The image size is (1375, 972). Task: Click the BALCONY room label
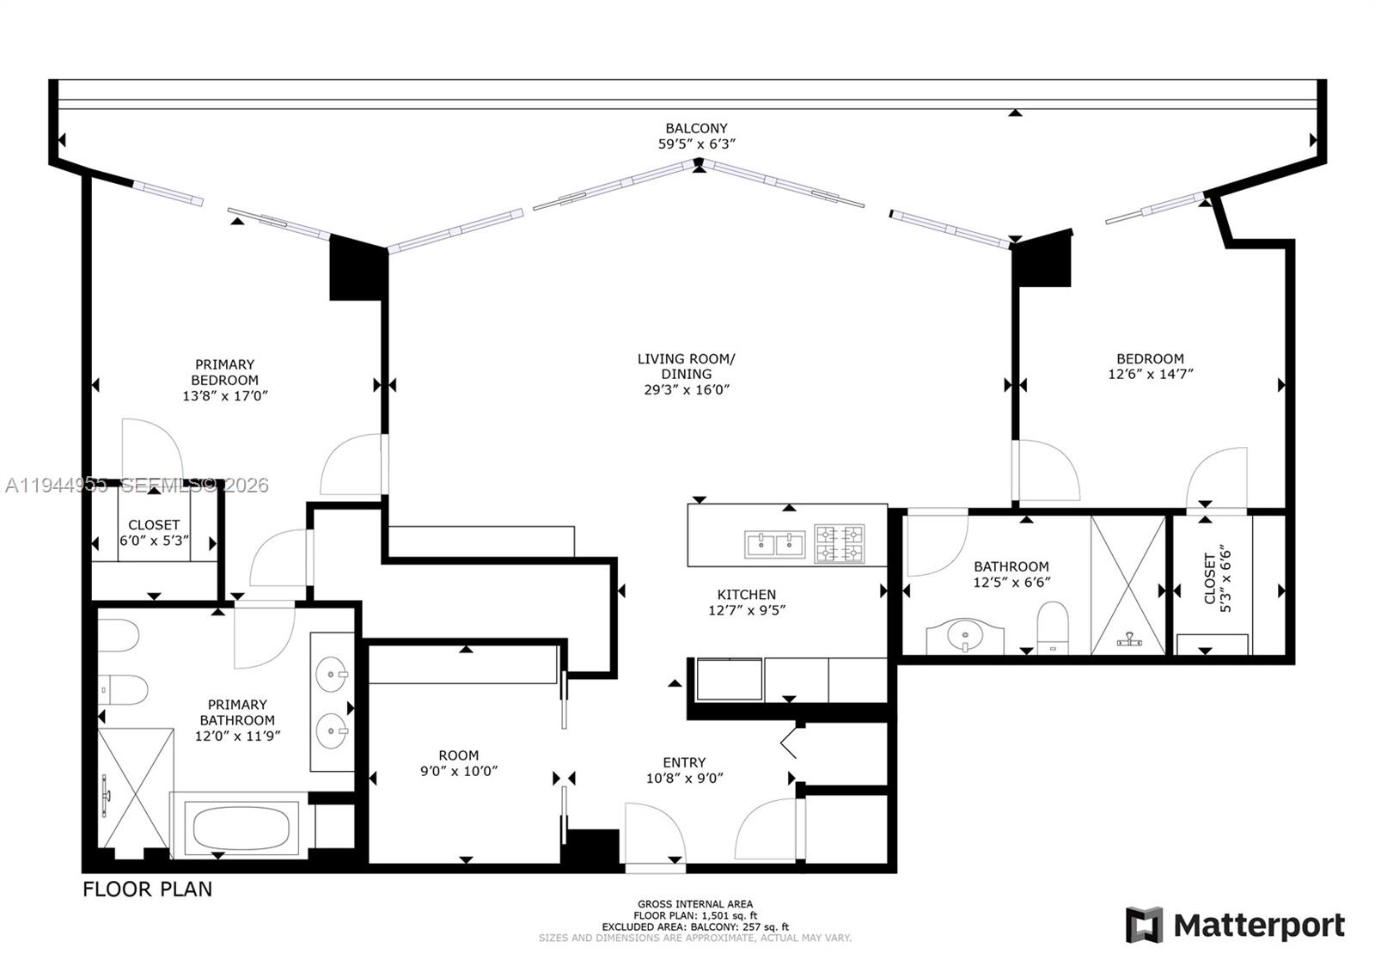coord(696,128)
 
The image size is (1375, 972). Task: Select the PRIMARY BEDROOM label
coord(224,372)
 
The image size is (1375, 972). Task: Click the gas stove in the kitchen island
coord(839,544)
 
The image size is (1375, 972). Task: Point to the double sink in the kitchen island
coord(774,544)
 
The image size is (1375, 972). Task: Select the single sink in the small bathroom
coord(964,637)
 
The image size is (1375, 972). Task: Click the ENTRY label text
coord(684,762)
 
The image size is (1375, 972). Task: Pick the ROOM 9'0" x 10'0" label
coord(458,763)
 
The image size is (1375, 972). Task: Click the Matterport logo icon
coord(1144,925)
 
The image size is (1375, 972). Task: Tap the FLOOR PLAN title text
coord(147,889)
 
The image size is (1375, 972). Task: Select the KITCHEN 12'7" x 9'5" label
coord(746,602)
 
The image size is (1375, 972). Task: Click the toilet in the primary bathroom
coord(122,688)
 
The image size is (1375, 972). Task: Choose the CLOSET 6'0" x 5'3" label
coord(154,533)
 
